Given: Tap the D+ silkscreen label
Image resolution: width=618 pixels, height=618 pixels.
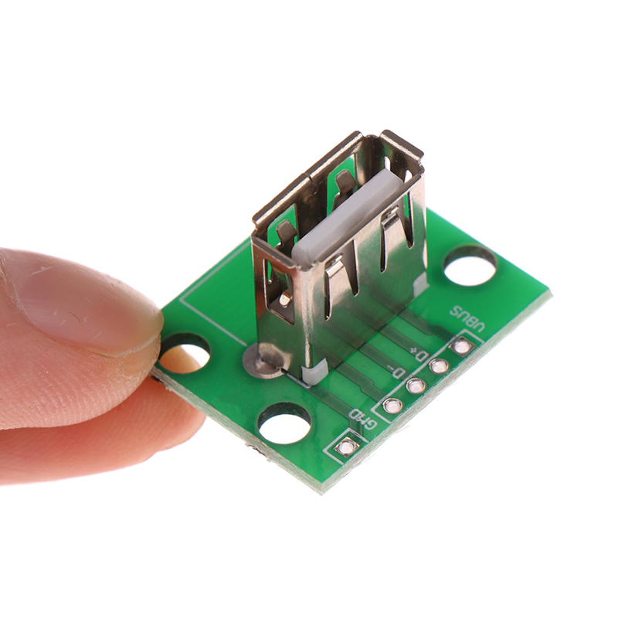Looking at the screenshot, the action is coord(419,353).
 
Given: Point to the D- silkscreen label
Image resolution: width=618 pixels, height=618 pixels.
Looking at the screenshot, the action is coord(396,371).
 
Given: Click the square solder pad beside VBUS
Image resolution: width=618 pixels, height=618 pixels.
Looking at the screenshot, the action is coord(460,347).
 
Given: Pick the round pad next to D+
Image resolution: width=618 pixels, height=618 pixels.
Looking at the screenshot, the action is coord(437,366).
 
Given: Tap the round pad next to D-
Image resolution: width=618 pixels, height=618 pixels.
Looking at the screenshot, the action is coord(415,385).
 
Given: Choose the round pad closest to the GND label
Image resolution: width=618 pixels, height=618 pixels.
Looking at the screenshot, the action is coord(392,405).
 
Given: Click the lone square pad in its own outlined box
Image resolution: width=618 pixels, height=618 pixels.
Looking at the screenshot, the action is coord(346,447).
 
